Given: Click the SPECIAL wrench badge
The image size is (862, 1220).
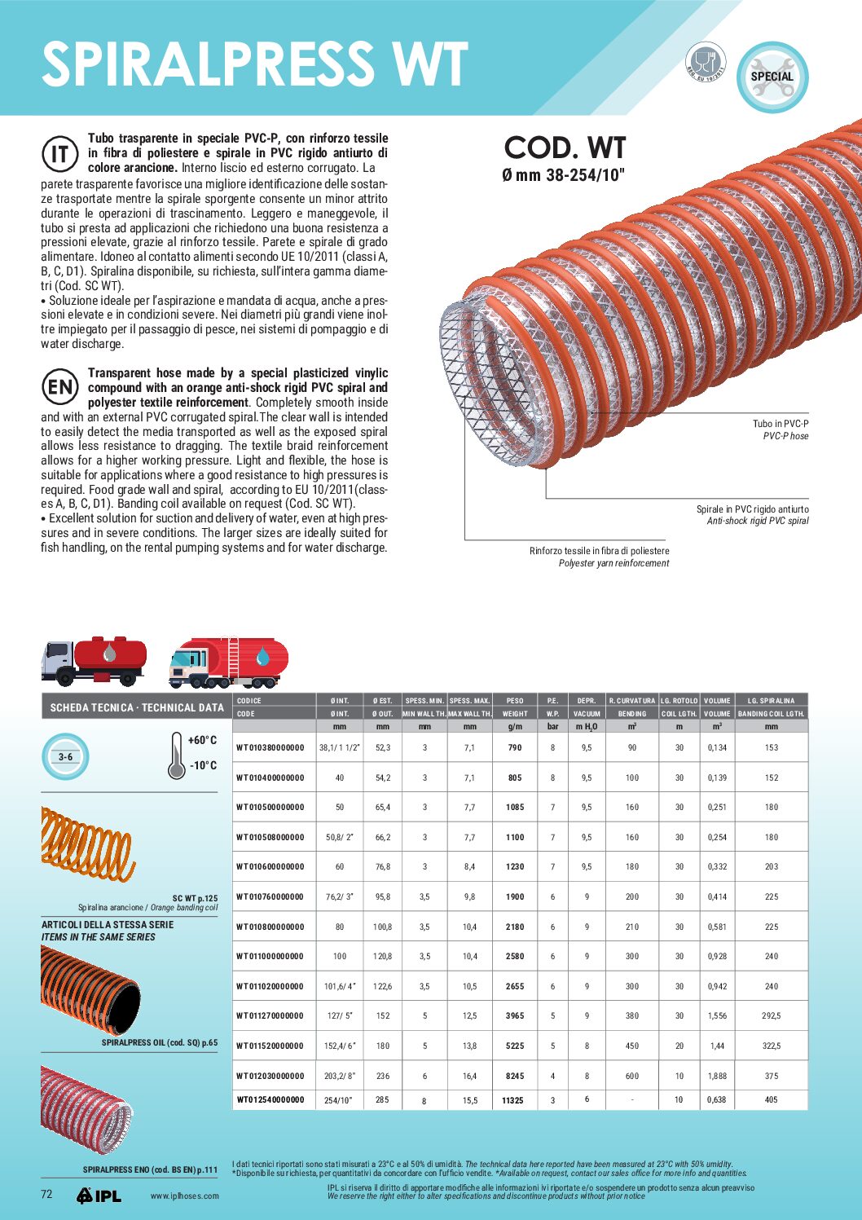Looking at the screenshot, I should pyautogui.click(x=772, y=77).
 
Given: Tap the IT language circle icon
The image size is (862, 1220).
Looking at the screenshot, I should pyautogui.click(x=59, y=154).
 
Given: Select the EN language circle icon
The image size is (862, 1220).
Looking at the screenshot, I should pyautogui.click(x=59, y=387).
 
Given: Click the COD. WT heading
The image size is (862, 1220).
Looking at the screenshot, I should pyautogui.click(x=565, y=148).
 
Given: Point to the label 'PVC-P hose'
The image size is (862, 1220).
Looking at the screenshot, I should pyautogui.click(x=785, y=436).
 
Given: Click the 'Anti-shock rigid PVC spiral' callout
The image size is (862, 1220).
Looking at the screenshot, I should pyautogui.click(x=758, y=521).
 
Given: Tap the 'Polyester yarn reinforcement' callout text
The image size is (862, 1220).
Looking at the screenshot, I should pyautogui.click(x=614, y=563).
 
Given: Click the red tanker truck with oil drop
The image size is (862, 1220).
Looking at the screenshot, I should pyautogui.click(x=95, y=660).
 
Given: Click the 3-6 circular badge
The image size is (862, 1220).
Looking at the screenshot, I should pyautogui.click(x=65, y=757).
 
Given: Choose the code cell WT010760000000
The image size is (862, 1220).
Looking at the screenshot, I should pyautogui.click(x=270, y=896).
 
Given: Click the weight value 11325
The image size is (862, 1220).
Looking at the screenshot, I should pyautogui.click(x=512, y=1100).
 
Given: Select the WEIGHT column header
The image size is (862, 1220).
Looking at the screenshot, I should pyautogui.click(x=515, y=713).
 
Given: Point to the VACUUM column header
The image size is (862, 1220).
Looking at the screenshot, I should pyautogui.click(x=587, y=713).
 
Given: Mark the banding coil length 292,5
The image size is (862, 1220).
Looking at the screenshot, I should pyautogui.click(x=771, y=1015).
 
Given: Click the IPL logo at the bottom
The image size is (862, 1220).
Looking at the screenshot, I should pyautogui.click(x=99, y=1196).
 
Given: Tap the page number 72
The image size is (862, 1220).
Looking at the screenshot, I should pyautogui.click(x=46, y=1194).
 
